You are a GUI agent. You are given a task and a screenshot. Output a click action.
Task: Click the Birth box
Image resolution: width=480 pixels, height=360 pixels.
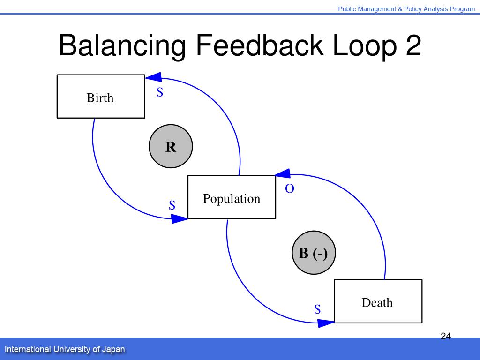(x=100, y=97)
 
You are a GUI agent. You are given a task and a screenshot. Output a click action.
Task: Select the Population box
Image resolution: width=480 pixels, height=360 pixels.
(x=232, y=197)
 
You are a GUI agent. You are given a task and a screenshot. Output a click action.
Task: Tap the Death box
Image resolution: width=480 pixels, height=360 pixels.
(x=378, y=301)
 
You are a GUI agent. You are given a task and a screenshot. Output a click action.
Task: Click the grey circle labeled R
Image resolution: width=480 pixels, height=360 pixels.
(x=171, y=146)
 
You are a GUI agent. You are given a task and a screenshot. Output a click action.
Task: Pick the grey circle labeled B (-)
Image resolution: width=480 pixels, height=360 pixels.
(x=314, y=253)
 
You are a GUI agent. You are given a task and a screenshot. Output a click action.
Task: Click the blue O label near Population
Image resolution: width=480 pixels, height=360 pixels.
(x=290, y=189)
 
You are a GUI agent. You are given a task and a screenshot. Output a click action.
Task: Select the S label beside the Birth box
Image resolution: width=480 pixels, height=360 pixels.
(x=160, y=93)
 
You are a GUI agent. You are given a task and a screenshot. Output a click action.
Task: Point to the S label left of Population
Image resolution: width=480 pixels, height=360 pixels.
(x=172, y=205)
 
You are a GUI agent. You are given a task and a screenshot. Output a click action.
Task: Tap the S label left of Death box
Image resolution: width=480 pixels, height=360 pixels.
(x=317, y=309)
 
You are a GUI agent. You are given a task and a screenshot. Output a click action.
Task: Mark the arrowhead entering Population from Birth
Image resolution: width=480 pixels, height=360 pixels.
(x=180, y=218)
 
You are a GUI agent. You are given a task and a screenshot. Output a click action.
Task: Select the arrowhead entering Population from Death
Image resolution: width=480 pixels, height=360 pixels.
(x=283, y=174)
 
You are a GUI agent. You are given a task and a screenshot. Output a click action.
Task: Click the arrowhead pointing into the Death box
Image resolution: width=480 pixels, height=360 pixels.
(x=326, y=322)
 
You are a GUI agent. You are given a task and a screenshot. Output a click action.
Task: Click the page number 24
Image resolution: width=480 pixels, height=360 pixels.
(x=445, y=336)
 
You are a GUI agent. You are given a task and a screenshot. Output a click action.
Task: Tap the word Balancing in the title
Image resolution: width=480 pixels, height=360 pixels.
(x=122, y=46)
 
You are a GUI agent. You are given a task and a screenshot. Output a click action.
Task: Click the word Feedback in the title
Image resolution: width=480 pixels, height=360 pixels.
(x=259, y=46)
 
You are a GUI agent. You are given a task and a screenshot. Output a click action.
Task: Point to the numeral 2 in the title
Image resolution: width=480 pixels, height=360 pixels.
(x=412, y=46)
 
